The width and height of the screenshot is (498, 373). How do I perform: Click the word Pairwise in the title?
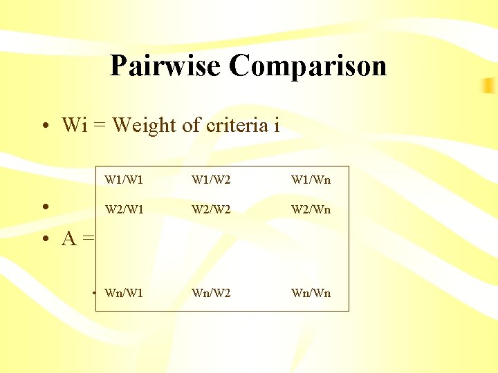click(x=166, y=66)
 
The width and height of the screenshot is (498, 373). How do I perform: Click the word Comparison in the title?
click(x=308, y=66)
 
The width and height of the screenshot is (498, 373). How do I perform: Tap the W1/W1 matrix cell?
click(x=124, y=180)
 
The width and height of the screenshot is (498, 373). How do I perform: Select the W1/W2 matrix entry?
click(x=212, y=180)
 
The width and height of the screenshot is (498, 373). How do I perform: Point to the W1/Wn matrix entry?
click(x=311, y=180)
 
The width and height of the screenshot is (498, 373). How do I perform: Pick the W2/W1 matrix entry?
click(x=124, y=209)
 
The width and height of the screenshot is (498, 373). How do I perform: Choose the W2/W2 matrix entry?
click(x=212, y=209)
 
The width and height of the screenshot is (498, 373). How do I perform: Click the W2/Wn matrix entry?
click(x=311, y=209)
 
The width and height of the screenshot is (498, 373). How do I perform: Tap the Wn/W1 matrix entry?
click(x=124, y=293)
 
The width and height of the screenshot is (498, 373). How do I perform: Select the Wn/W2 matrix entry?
click(x=212, y=293)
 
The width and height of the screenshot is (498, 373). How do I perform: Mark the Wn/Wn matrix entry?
click(x=311, y=293)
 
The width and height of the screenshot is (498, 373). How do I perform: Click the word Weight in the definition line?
click(x=144, y=126)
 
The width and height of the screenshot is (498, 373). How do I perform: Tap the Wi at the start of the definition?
click(x=73, y=125)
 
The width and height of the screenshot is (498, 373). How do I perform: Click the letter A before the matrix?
click(x=69, y=239)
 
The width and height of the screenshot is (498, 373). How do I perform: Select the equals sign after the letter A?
click(x=88, y=240)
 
